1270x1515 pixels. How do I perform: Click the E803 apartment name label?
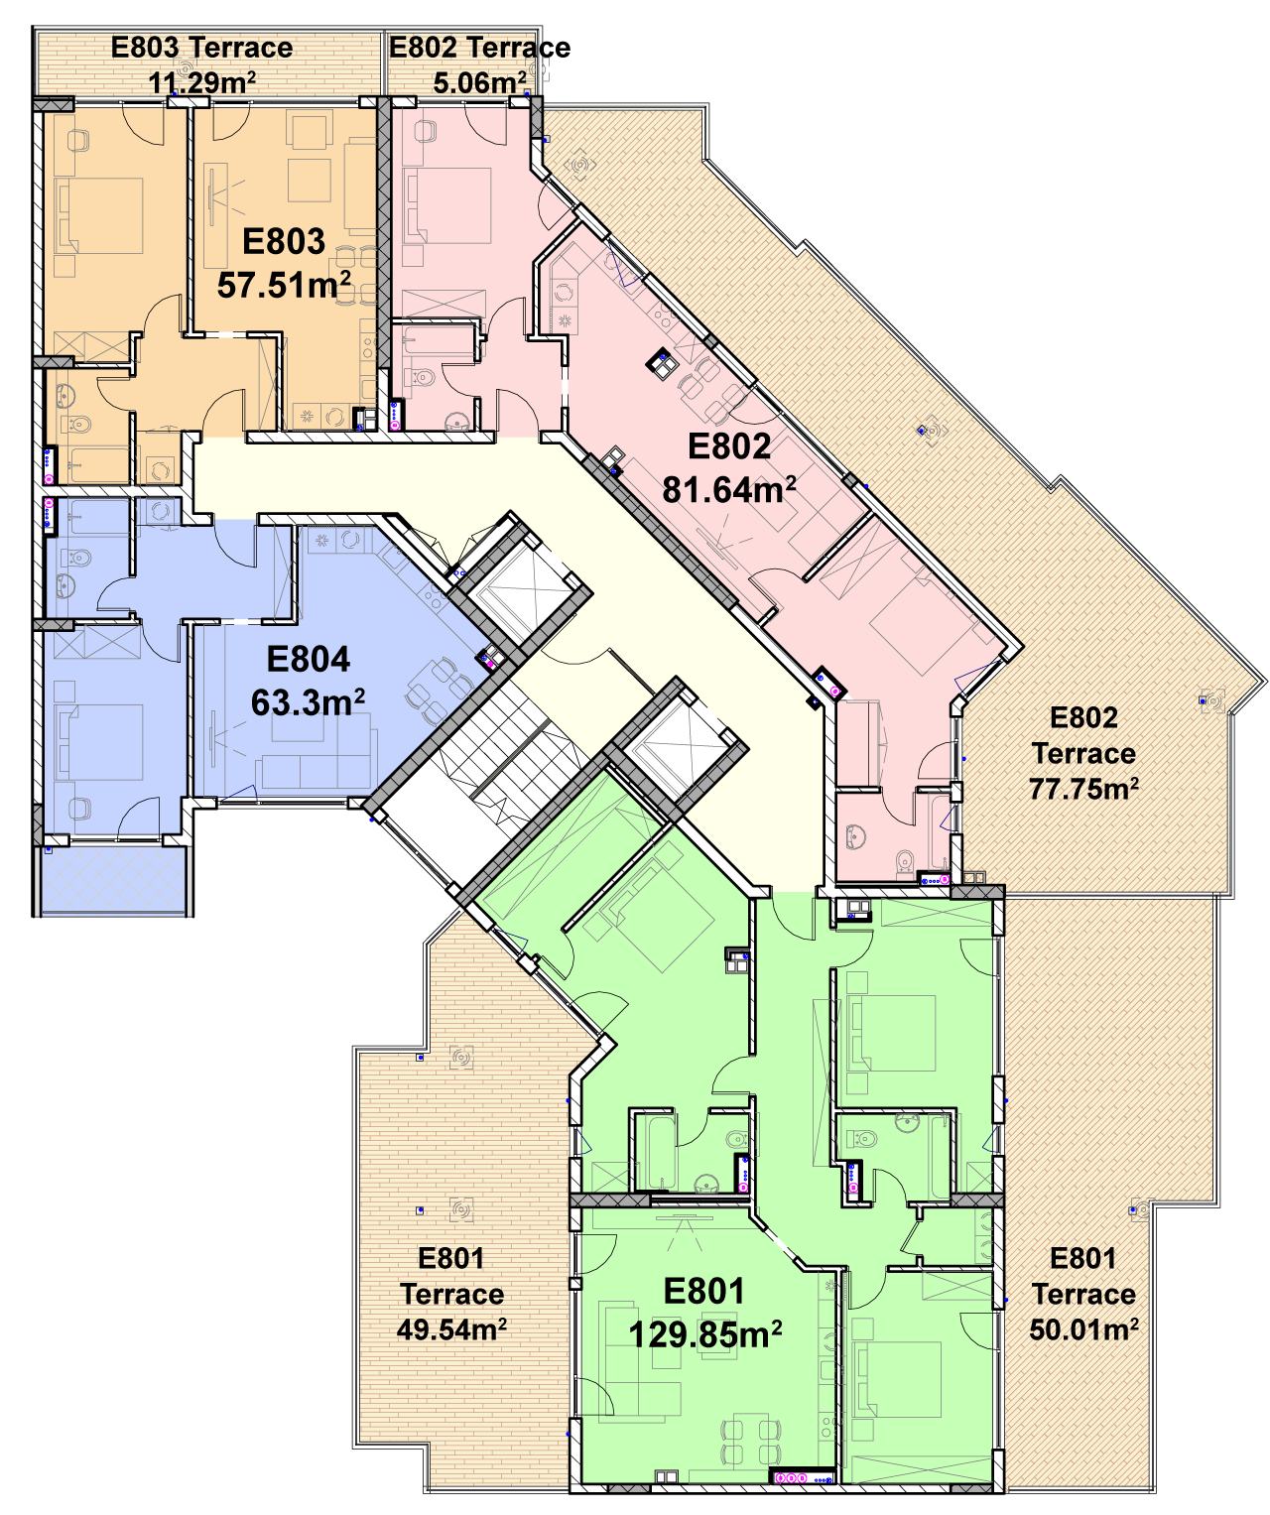283,241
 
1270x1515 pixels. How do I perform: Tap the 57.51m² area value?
284,284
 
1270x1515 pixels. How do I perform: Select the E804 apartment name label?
308,658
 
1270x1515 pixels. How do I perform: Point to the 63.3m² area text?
308,700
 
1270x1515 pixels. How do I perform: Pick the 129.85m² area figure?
704,1333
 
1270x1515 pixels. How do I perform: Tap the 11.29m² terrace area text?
201,82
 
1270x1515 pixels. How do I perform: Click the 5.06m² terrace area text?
479,82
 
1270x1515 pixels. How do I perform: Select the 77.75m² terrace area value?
1082,788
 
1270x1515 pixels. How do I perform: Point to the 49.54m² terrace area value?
450,1329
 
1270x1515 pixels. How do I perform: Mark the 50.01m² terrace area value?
1082,1329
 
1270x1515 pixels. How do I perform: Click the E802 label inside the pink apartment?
728,445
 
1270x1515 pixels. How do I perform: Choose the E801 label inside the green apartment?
703,1291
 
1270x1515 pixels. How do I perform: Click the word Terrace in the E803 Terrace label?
241,48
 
